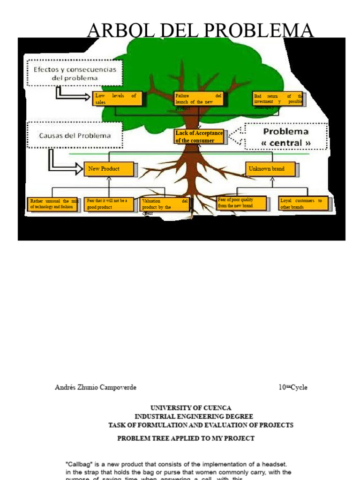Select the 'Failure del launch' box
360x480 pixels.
click(198, 99)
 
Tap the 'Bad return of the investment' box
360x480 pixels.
click(277, 99)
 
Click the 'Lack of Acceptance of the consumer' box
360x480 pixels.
click(199, 137)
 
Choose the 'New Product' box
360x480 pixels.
click(110, 169)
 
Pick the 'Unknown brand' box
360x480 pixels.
click(271, 169)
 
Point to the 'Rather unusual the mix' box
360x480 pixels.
click(52, 204)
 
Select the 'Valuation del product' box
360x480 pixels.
click(165, 204)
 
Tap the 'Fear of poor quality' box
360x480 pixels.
click(241, 202)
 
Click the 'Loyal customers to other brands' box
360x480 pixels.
click(305, 204)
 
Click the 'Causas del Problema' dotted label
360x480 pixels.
click(75, 135)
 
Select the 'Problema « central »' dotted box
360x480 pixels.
click(285, 137)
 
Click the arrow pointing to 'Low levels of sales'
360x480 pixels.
click(73, 96)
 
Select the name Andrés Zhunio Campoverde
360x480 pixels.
click(96, 388)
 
